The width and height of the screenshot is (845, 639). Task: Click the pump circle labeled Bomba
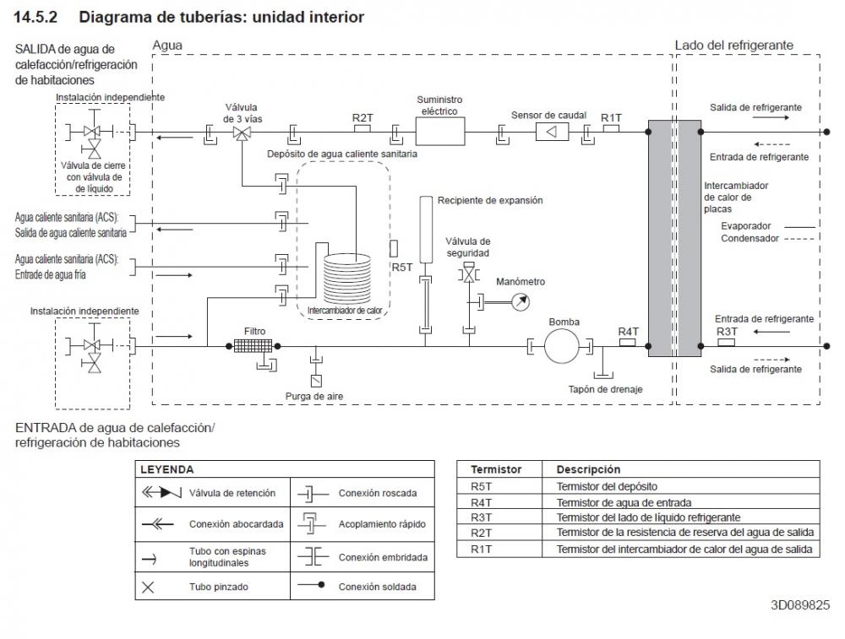(562, 346)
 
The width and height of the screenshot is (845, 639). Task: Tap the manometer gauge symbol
(520, 302)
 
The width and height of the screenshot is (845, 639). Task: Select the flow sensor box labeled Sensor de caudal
(552, 132)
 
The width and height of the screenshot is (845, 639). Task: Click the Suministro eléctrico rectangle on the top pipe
(439, 132)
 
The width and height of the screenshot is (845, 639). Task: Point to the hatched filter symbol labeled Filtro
(253, 346)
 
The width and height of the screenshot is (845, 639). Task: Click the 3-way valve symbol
(242, 133)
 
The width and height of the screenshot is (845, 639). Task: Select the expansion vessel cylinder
(426, 230)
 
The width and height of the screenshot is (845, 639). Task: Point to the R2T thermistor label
(363, 118)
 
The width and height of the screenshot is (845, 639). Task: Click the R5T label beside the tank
(402, 268)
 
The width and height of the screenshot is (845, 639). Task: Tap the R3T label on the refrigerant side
(727, 332)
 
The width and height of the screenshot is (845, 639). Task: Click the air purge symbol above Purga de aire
(316, 380)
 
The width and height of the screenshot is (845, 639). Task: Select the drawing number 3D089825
(800, 605)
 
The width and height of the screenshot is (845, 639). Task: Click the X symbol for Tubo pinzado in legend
(148, 588)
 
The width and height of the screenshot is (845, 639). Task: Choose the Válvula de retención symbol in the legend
(161, 493)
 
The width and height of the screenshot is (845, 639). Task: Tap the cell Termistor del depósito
(607, 487)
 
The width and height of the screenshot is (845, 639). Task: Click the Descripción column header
(588, 469)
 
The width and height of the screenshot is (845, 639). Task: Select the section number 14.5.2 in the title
(35, 17)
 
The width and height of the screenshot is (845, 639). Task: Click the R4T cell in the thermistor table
(482, 503)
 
